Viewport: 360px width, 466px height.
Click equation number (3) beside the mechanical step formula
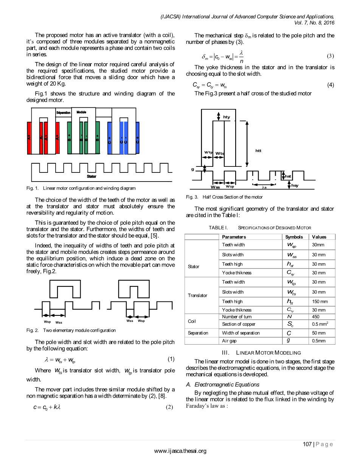point(330,56)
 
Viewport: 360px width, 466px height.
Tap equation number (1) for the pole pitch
point(171,359)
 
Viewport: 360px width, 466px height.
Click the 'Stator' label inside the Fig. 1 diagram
point(92,177)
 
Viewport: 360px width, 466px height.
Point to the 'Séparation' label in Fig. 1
point(63,113)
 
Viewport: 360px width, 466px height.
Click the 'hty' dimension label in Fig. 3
point(227,117)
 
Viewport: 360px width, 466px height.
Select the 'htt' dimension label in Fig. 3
point(258,151)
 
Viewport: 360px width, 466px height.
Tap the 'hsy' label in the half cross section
point(295,185)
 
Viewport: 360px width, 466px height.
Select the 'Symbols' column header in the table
point(294,237)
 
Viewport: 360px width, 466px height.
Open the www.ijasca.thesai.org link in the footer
point(180,451)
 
